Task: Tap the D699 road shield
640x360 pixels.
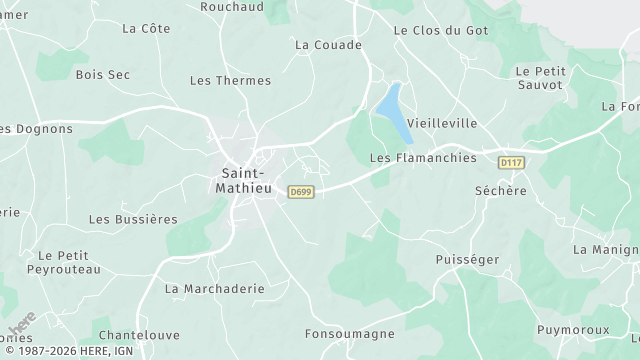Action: [300, 191]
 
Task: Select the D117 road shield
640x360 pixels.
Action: [510, 162]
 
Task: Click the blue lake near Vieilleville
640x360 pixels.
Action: [392, 112]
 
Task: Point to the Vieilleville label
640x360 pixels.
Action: [442, 123]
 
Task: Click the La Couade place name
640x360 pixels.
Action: [328, 45]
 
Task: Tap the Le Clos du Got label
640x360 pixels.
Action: [441, 31]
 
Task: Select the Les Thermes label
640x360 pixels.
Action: [230, 81]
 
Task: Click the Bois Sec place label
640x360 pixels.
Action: [103, 74]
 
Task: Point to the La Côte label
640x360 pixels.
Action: [146, 29]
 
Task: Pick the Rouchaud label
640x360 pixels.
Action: [232, 6]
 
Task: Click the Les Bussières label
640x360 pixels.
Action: [133, 219]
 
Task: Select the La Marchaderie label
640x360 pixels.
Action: [214, 288]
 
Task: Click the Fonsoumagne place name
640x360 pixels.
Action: [350, 334]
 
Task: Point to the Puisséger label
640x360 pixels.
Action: [467, 259]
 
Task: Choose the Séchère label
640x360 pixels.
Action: [500, 190]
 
